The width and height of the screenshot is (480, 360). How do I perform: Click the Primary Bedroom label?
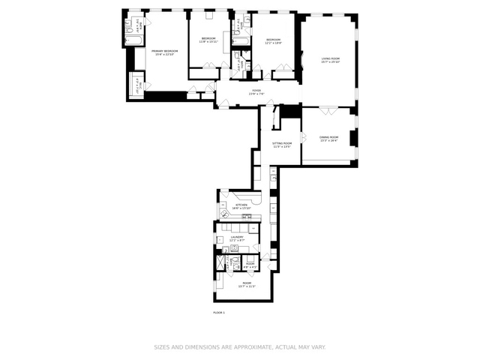pyautogui.click(x=163, y=50)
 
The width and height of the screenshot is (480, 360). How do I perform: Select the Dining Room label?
pyautogui.click(x=328, y=137)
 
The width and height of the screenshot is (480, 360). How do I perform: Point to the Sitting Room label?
pyautogui.click(x=282, y=142)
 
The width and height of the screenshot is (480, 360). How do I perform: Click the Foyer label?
pyautogui.click(x=256, y=90)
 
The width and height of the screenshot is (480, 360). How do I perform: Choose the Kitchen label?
pyautogui.click(x=241, y=204)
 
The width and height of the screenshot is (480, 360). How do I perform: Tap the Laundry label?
pyautogui.click(x=237, y=237)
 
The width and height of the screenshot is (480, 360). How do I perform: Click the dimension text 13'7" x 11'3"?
pyautogui.click(x=247, y=286)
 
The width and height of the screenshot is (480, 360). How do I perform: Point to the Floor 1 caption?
pyautogui.click(x=219, y=312)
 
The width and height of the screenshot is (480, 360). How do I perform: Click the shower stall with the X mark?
pyautogui.click(x=220, y=263)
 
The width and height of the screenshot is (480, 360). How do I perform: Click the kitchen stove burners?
pyautogui.click(x=244, y=218)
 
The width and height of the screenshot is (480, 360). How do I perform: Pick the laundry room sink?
pyautogui.click(x=234, y=247)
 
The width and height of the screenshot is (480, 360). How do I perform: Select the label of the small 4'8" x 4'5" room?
pyautogui.click(x=251, y=263)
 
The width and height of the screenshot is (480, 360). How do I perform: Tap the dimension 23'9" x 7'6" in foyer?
pyautogui.click(x=256, y=94)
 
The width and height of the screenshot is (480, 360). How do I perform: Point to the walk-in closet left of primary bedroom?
pyautogui.click(x=137, y=84)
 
